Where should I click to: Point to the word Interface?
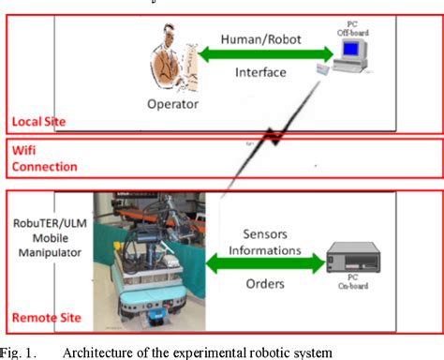click(x=259, y=71)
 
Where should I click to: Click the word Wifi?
click(x=24, y=150)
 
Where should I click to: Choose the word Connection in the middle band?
click(x=43, y=167)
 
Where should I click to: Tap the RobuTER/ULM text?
click(x=46, y=211)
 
